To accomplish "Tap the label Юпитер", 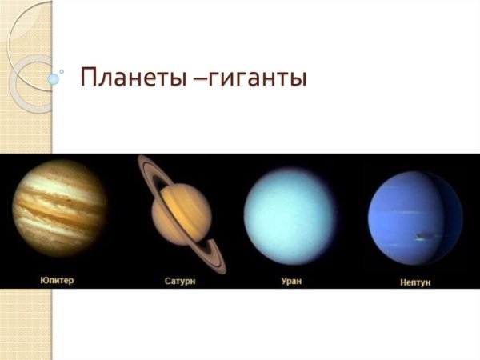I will pyautogui.click(x=57, y=281).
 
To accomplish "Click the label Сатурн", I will pyautogui.click(x=181, y=282).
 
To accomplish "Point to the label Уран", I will pyautogui.click(x=292, y=282).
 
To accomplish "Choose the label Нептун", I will pyautogui.click(x=415, y=282).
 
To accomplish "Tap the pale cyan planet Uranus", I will pyautogui.click(x=293, y=214).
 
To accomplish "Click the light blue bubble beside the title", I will pyautogui.click(x=54, y=79).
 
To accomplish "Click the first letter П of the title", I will pyautogui.click(x=89, y=80).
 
